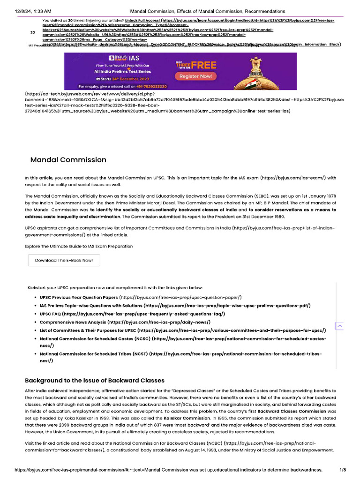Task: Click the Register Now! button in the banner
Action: tap(195, 76)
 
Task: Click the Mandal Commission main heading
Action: tap(68, 160)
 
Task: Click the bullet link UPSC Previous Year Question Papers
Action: tap(79, 297)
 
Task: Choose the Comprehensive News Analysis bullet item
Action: tap(73, 322)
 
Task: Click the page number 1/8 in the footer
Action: tap(343, 470)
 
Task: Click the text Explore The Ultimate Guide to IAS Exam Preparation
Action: tap(79, 246)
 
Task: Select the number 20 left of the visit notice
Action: tap(32, 32)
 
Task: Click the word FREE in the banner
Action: tap(203, 65)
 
